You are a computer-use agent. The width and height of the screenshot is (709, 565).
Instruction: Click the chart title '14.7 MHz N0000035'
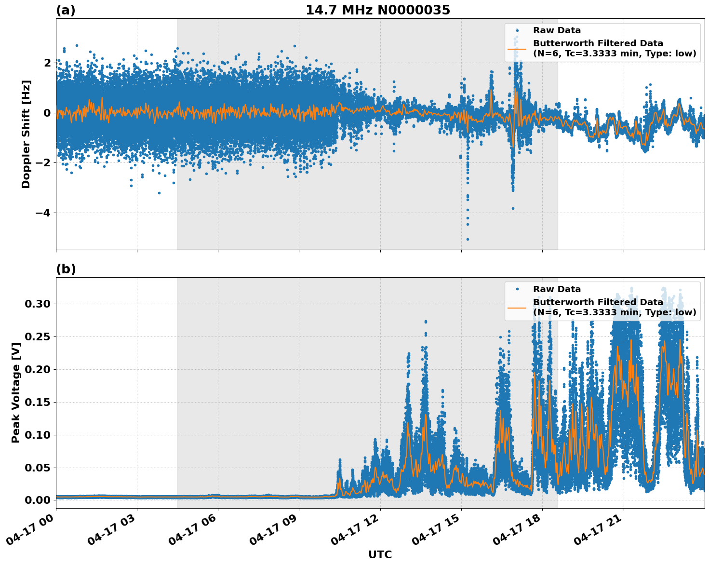pyautogui.click(x=378, y=10)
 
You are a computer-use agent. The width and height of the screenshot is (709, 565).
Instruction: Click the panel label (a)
pyautogui.click(x=66, y=10)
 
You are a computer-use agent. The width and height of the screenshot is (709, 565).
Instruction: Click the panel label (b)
pyautogui.click(x=66, y=269)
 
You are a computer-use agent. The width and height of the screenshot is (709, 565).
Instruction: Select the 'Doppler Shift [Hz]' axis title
pyautogui.click(x=26, y=134)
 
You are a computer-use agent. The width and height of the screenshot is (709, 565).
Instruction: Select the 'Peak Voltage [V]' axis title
pyautogui.click(x=16, y=392)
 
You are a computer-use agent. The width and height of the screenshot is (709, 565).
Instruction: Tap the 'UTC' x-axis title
pyautogui.click(x=380, y=554)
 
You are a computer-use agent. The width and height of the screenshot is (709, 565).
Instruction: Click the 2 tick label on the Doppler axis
pyautogui.click(x=47, y=63)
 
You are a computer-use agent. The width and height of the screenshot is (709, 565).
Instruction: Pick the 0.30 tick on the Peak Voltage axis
pyautogui.click(x=37, y=304)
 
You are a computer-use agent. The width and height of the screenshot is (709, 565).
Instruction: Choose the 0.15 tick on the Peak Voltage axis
pyautogui.click(x=37, y=402)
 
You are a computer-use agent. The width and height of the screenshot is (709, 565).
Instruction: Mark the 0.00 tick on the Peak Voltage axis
pyautogui.click(x=37, y=500)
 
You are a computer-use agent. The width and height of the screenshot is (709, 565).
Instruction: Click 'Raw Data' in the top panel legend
pyautogui.click(x=557, y=30)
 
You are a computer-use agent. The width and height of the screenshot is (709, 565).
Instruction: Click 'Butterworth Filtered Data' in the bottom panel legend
pyautogui.click(x=598, y=302)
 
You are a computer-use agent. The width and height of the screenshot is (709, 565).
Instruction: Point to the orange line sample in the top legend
pyautogui.click(x=517, y=49)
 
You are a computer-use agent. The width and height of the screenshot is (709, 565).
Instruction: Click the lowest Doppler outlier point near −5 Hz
pyautogui.click(x=468, y=239)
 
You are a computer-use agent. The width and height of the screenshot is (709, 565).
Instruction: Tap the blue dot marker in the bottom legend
pyautogui.click(x=517, y=289)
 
